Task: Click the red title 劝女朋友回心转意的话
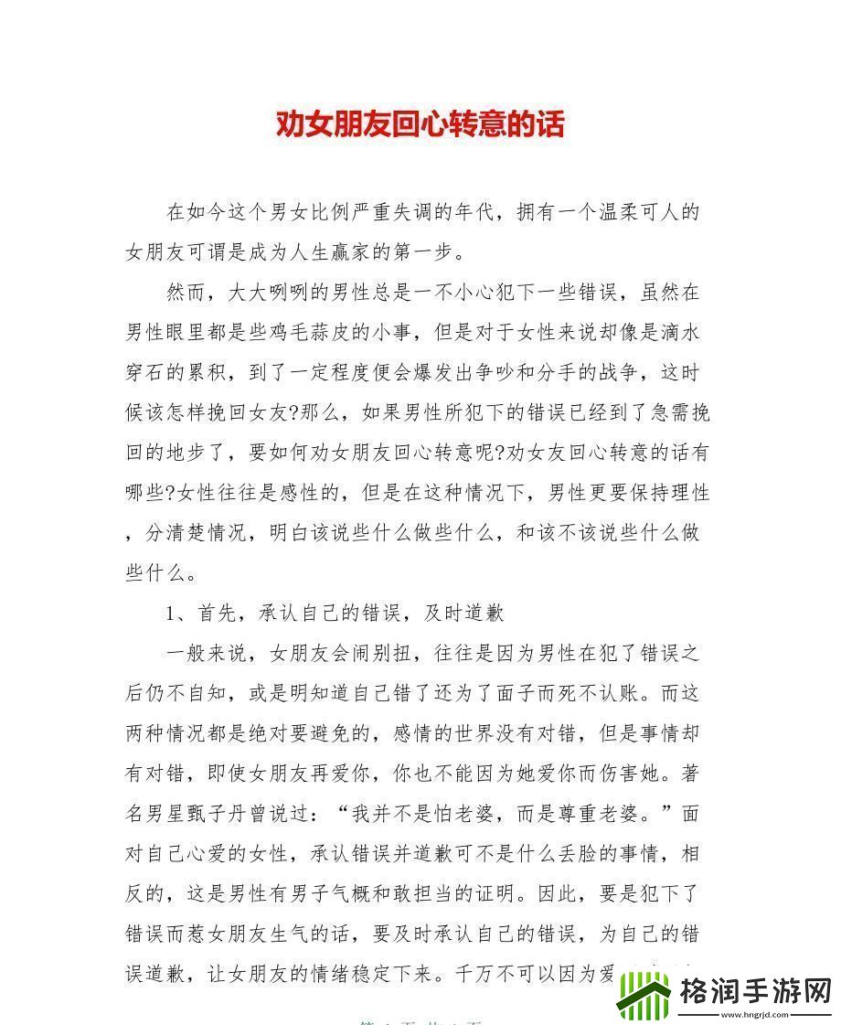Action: tap(420, 123)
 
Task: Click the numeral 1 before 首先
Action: tap(171, 613)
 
